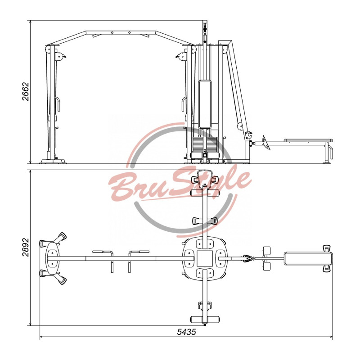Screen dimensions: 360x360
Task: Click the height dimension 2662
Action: click(26, 92)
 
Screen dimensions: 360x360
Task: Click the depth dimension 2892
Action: click(26, 247)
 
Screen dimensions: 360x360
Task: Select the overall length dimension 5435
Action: click(186, 332)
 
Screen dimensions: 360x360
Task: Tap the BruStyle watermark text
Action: click(179, 184)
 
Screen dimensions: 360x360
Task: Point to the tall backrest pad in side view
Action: click(205, 104)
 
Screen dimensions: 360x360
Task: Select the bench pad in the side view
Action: click(308, 140)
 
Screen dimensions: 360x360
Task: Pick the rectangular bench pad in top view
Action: click(308, 258)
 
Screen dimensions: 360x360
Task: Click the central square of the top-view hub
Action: click(205, 258)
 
